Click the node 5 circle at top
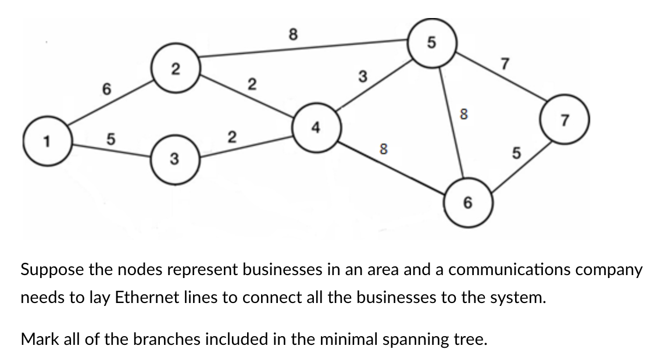(431, 41)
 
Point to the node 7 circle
(564, 119)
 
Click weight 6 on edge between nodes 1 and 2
(106, 89)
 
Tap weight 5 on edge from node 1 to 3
(110, 140)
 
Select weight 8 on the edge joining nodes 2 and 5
(294, 34)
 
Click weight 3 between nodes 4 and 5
(362, 76)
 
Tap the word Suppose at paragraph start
(50, 270)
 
